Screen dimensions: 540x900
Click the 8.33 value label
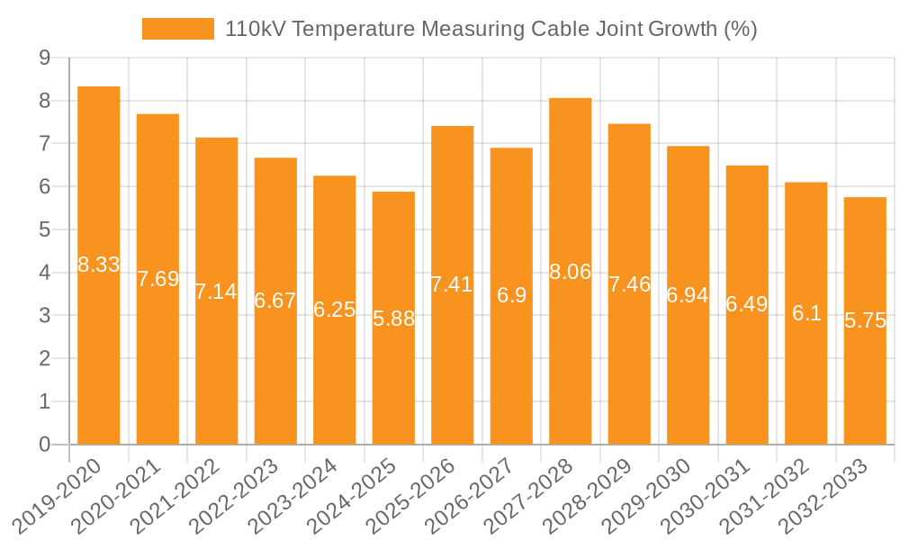tap(99, 265)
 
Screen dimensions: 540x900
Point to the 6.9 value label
tap(511, 295)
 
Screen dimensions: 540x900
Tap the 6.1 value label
tap(806, 313)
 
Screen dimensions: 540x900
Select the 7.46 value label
tap(629, 284)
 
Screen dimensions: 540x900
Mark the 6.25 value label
tap(335, 310)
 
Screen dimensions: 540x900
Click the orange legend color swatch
tap(178, 30)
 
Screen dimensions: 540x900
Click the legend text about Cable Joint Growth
tap(490, 30)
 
